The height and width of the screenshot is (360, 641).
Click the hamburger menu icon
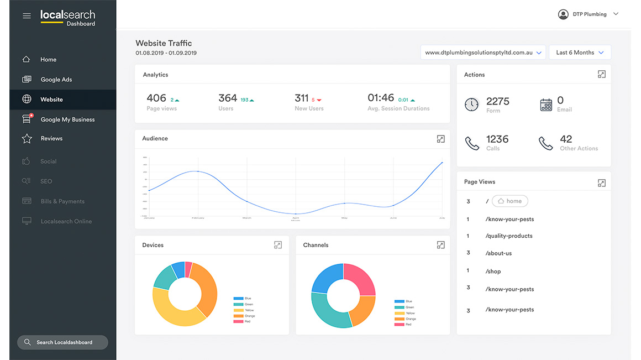coord(27,16)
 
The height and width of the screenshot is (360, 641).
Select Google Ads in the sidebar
coord(56,80)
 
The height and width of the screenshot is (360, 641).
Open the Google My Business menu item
coord(67,119)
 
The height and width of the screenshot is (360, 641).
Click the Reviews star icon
coord(27,139)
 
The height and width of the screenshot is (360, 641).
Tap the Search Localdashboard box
coord(62,342)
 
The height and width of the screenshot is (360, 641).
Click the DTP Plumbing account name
coord(590,14)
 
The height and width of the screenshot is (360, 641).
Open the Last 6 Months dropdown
coord(580,53)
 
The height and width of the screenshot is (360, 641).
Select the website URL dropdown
coord(483,53)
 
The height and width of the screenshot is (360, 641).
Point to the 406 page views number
coord(156,98)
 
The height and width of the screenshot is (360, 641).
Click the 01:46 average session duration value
coord(381,98)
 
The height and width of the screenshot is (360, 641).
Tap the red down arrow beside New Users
coord(319,100)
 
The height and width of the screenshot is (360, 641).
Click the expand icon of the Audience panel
coord(440,139)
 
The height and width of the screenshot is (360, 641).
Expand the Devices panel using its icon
coord(278,245)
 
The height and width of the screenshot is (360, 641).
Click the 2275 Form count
coord(497,101)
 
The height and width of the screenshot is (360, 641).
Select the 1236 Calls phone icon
coord(471,144)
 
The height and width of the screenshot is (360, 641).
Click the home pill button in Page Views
coord(510,201)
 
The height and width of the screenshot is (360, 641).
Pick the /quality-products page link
coord(509,236)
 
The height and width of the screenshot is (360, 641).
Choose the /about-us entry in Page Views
coord(498,253)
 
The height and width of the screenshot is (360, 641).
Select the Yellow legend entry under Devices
coord(248,310)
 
